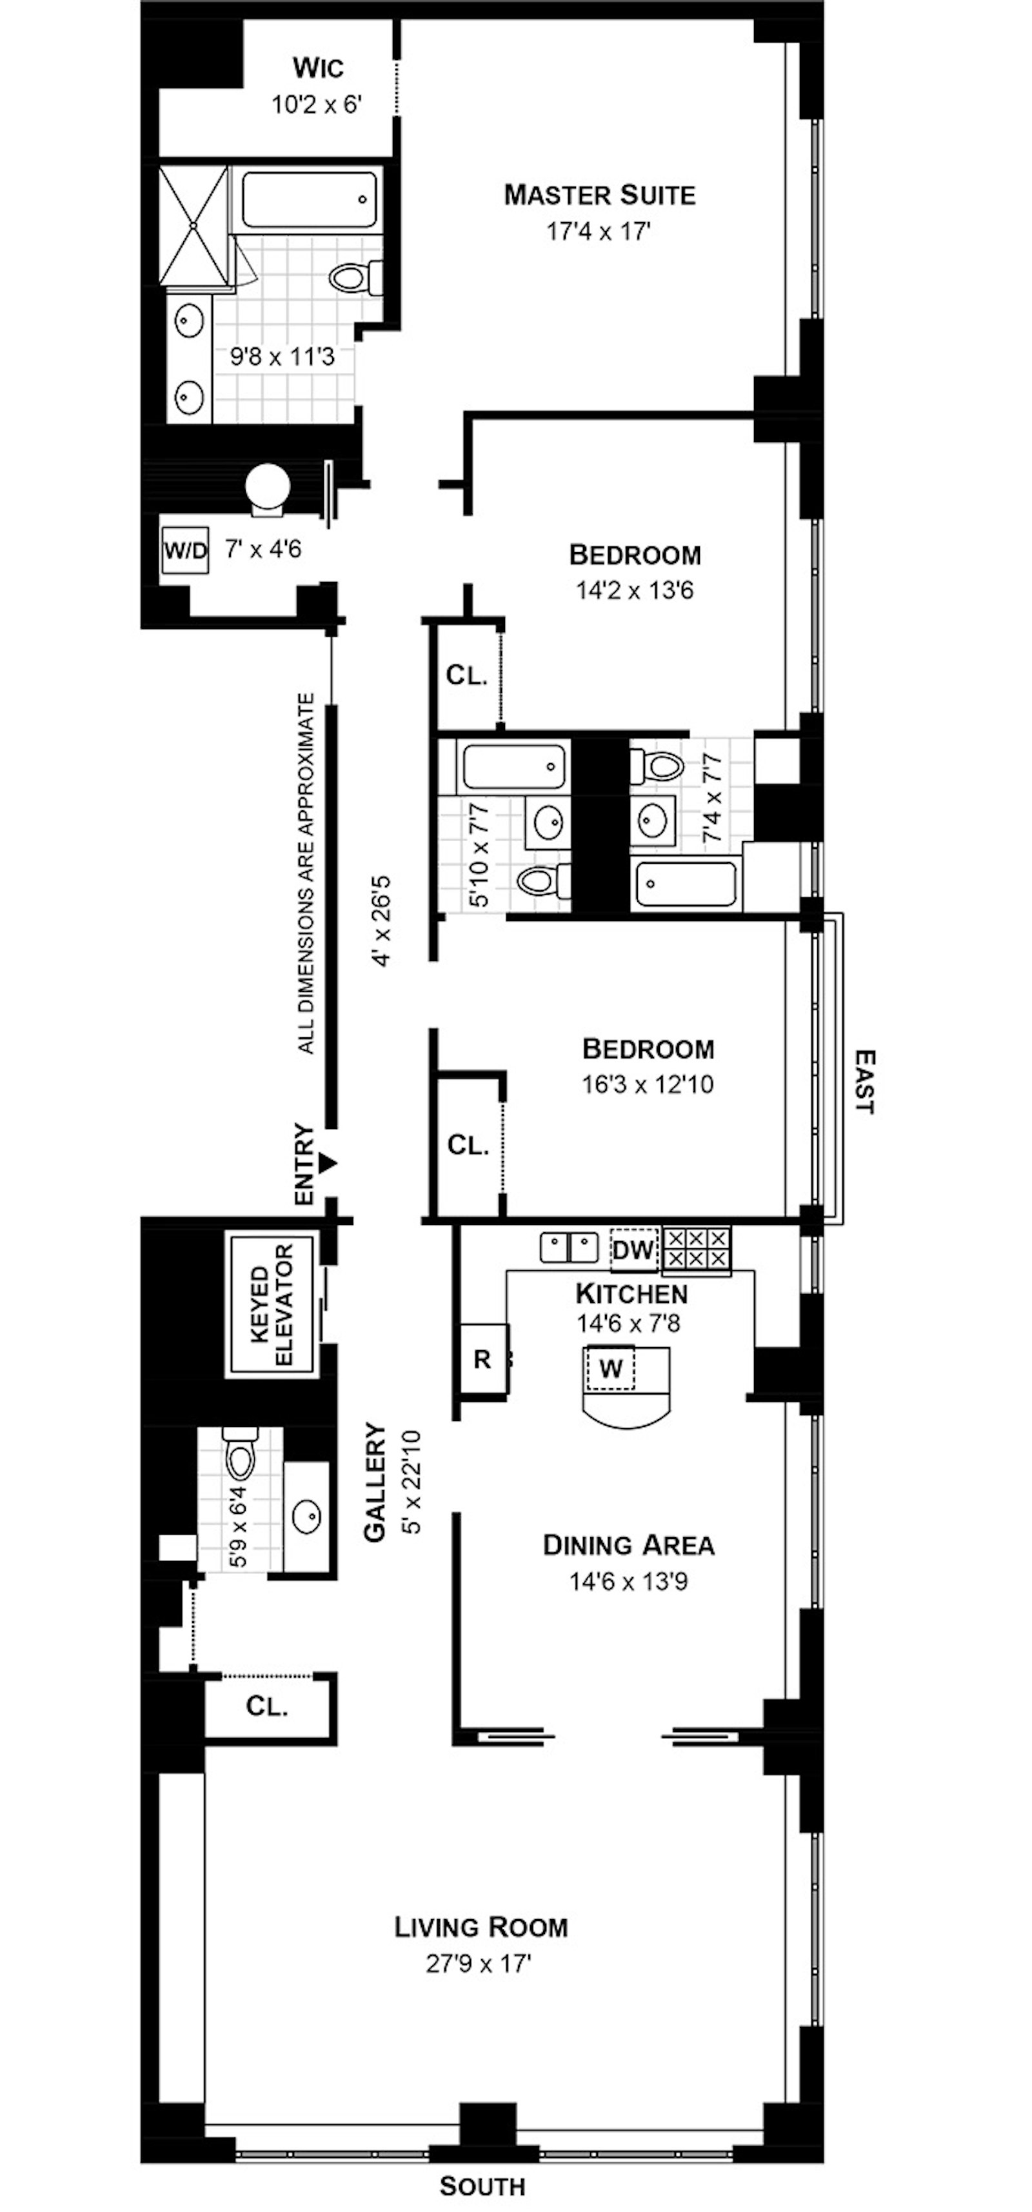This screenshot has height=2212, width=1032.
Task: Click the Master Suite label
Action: click(x=599, y=195)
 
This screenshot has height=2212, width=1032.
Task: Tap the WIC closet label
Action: click(x=318, y=67)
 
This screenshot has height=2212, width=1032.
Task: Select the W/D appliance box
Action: click(x=186, y=550)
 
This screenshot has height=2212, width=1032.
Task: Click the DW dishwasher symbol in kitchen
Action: click(x=633, y=1250)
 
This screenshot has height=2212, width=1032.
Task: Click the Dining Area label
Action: click(x=628, y=1545)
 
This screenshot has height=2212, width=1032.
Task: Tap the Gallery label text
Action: click(x=375, y=1482)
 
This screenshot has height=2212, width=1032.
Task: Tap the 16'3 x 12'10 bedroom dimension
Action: click(x=648, y=1084)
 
